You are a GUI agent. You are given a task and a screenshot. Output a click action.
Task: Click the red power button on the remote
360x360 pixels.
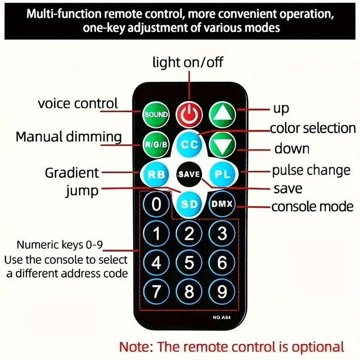(x=189, y=114)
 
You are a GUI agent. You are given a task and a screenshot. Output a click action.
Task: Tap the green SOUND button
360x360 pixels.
(x=156, y=114)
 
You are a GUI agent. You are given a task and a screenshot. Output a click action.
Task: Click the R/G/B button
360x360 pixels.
(x=156, y=144)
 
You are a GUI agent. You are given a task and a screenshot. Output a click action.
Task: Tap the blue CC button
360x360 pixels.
(x=189, y=144)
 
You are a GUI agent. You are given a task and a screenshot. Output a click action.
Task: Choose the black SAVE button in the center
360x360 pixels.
(x=189, y=174)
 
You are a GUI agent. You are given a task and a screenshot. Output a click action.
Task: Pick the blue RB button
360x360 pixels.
(x=156, y=174)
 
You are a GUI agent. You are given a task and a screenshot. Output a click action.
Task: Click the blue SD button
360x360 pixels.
(x=189, y=204)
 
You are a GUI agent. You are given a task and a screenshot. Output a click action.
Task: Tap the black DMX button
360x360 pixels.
(x=222, y=204)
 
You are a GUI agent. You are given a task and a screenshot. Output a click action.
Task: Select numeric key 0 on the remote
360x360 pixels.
(x=156, y=204)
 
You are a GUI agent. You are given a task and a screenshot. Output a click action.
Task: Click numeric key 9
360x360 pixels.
(x=222, y=292)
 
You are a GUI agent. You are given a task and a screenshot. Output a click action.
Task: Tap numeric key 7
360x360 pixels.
(x=156, y=292)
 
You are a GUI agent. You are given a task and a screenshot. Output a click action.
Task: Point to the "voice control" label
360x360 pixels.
(x=77, y=103)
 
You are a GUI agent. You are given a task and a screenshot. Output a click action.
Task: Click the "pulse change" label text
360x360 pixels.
(x=311, y=171)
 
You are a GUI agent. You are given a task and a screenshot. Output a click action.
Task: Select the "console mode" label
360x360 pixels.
(x=312, y=207)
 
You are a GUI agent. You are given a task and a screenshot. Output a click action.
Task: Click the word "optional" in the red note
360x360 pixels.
(x=310, y=347)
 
